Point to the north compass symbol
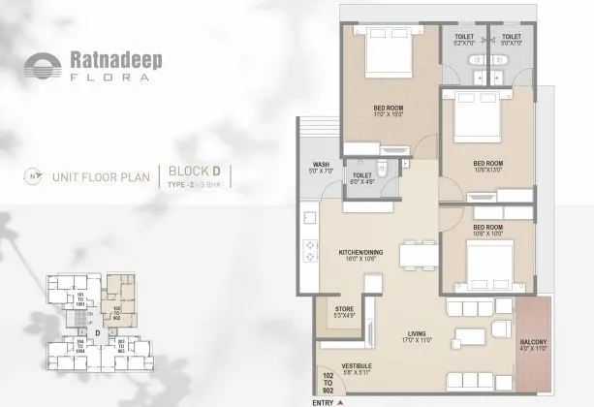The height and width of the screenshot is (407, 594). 35,177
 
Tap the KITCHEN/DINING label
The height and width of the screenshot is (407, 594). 361,254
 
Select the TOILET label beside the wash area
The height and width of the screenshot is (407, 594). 362,176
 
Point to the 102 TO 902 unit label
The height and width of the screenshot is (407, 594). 326,384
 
